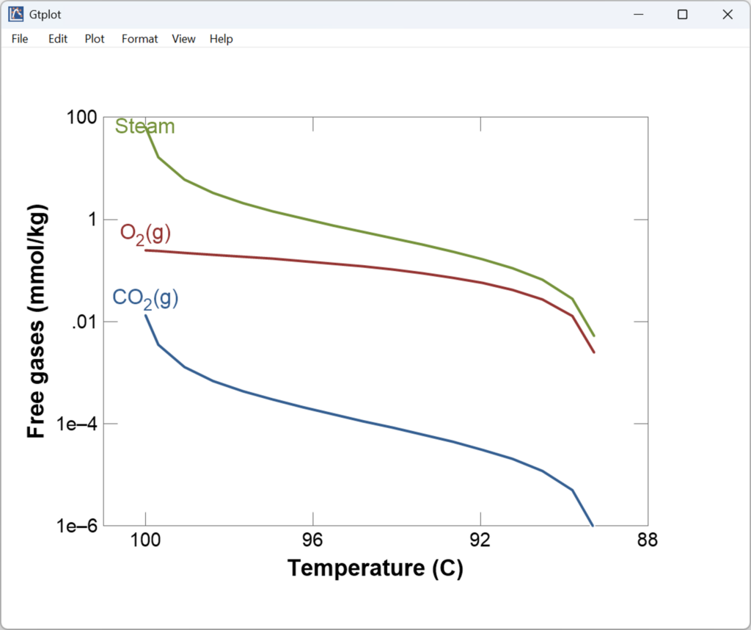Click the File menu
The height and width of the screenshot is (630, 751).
tap(20, 39)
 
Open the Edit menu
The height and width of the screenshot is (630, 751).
tap(58, 39)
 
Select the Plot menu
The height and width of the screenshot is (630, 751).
tap(95, 39)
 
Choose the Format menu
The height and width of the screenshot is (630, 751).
tap(139, 39)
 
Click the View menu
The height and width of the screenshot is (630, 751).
tap(183, 39)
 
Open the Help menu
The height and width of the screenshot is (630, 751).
tap(221, 39)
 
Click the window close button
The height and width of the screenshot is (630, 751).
tap(728, 15)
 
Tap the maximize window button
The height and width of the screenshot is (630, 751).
tap(682, 15)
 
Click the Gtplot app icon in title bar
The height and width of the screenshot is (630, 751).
tap(15, 14)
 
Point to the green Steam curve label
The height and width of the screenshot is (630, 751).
tap(145, 126)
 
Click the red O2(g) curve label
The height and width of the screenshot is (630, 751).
tap(145, 233)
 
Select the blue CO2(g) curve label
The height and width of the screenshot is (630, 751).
tap(145, 298)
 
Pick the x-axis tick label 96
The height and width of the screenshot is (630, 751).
tap(313, 541)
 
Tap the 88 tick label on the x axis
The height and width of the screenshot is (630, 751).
tap(648, 541)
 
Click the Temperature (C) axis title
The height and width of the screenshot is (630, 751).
tap(375, 568)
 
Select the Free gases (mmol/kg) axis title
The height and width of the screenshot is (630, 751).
tap(37, 322)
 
